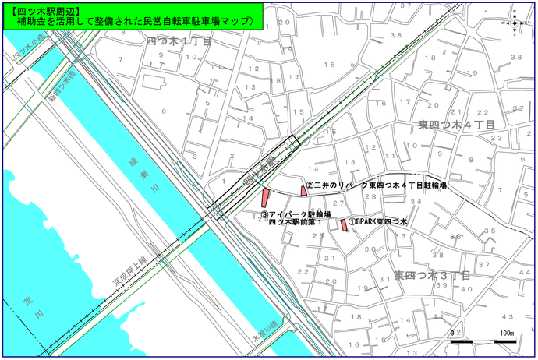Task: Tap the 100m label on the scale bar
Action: pos(506,334)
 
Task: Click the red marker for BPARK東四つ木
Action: pos(343,224)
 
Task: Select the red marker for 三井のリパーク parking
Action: pos(303,191)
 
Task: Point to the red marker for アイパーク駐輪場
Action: pos(265,201)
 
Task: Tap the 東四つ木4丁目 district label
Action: pos(456,125)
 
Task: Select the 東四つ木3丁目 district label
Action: pos(432,276)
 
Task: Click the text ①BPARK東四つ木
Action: pos(378,222)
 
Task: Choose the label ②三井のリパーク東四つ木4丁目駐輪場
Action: pos(376,186)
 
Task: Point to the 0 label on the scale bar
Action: pos(453,334)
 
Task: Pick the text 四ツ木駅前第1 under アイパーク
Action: pos(295,222)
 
